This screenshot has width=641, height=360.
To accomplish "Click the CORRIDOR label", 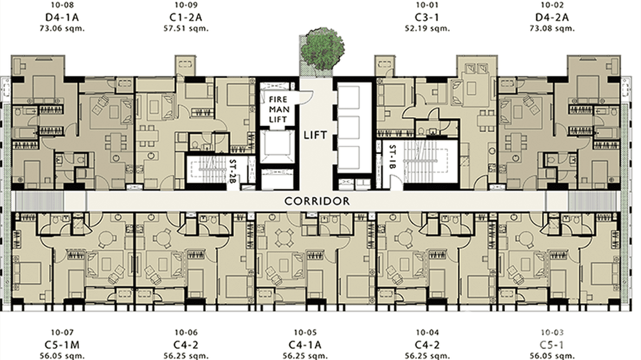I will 317,201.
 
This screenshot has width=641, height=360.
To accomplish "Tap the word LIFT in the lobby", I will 316,135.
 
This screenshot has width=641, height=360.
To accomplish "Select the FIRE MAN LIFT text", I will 278,109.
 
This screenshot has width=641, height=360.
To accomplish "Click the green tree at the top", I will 323,46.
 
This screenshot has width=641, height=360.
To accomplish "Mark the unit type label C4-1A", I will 305,344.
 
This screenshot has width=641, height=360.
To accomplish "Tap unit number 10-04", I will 427,333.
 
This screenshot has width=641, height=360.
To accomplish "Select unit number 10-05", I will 305,333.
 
